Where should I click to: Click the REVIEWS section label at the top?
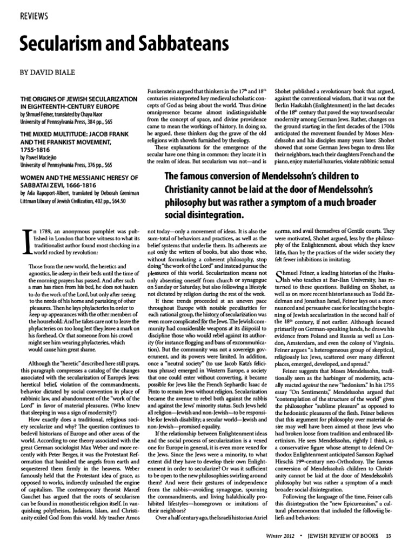tap(34, 16)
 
